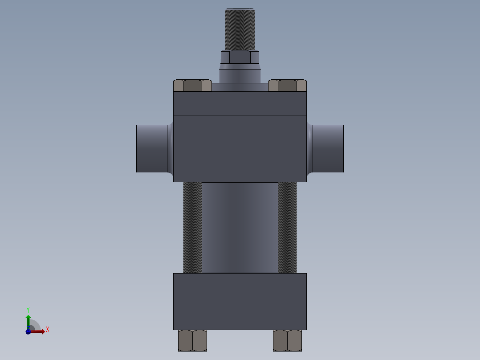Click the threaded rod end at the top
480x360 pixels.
coord(240,29)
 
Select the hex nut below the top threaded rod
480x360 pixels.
coord(240,57)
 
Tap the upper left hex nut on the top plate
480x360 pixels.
coord(192,85)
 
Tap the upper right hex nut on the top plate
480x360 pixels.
coord(288,85)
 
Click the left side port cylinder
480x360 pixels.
coord(152,149)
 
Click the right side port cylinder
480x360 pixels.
coord(328,149)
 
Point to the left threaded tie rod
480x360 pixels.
coord(192,227)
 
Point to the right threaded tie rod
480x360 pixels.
coord(288,227)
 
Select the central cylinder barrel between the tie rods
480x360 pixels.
coord(240,227)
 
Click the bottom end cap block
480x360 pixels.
coord(240,302)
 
